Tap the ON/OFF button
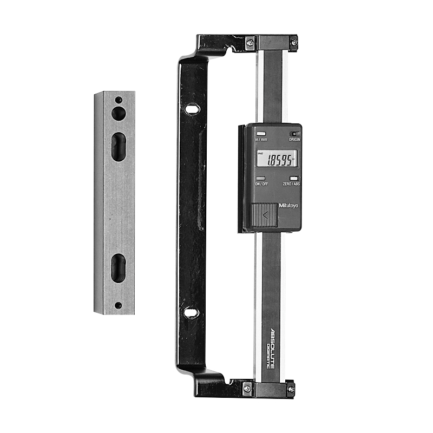[x=261, y=178]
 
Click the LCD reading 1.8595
[x=276, y=159]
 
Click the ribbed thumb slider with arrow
[x=265, y=215]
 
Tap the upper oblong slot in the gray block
[x=119, y=147]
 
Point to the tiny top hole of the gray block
[x=118, y=100]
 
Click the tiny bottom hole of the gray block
[x=118, y=305]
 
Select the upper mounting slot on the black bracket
[x=191, y=109]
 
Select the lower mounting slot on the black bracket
[x=191, y=312]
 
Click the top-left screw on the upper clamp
[x=250, y=42]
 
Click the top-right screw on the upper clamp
[x=293, y=42]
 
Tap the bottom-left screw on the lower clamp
[x=247, y=388]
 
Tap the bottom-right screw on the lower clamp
[x=291, y=388]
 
